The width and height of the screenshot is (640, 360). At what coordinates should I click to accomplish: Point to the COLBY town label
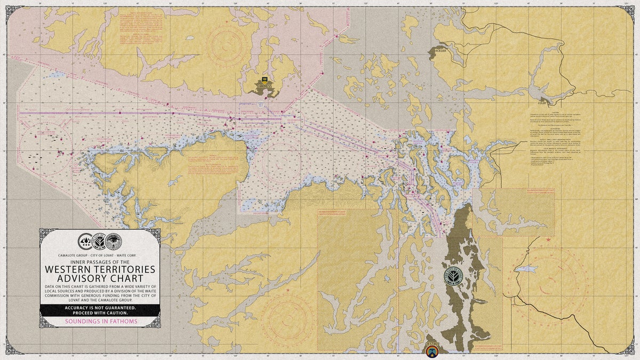pos(542,103)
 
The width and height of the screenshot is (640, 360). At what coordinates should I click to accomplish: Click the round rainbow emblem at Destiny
pos(432,350)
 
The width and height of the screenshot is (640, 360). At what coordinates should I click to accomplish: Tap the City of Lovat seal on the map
pos(453,276)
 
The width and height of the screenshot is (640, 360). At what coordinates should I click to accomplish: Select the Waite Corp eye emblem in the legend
pos(113,242)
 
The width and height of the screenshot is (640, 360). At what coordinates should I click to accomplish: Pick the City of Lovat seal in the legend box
pos(99,242)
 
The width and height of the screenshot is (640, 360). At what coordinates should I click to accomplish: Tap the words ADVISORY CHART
pos(100,278)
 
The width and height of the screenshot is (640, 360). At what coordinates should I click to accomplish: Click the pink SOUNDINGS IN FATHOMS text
pos(100,322)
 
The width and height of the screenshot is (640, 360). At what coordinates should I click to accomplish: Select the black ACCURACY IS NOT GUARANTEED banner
pos(100,310)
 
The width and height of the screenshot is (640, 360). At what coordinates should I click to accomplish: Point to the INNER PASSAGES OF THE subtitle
pos(100,261)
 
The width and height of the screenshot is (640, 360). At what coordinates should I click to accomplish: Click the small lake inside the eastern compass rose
pos(524,269)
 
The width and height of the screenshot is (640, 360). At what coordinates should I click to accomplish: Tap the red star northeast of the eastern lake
pos(549,241)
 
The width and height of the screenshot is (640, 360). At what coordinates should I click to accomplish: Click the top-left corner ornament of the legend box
pos(45,234)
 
